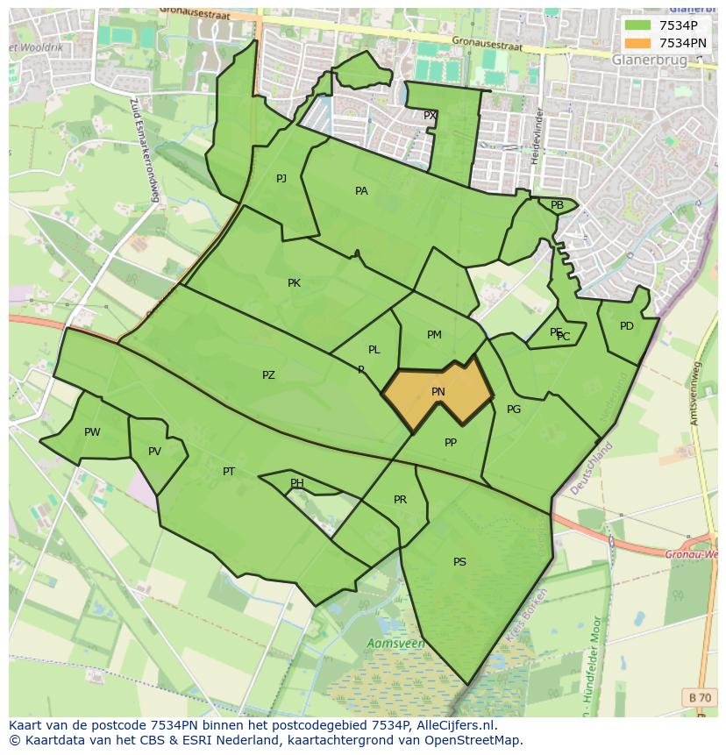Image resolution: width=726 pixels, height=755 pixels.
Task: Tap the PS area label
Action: (459, 562)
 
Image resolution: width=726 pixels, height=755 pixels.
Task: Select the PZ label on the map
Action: (268, 375)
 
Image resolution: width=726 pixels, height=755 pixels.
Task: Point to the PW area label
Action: (92, 432)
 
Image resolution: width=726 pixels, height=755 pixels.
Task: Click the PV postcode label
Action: (154, 452)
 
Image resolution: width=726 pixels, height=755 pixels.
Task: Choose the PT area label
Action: (229, 472)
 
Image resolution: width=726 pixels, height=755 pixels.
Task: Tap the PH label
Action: (297, 483)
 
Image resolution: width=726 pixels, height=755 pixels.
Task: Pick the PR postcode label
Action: (400, 500)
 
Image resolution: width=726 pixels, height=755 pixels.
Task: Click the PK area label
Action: (294, 283)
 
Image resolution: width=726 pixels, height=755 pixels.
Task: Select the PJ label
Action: (281, 179)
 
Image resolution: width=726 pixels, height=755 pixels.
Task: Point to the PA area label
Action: (361, 191)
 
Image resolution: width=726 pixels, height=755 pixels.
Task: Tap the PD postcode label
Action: (626, 326)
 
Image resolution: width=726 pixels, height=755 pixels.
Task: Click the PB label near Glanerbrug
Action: (557, 205)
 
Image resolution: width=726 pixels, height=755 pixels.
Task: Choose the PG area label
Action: (514, 410)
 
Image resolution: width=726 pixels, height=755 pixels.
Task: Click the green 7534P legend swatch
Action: (637, 25)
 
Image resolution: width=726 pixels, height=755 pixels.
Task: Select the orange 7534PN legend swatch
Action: (637, 42)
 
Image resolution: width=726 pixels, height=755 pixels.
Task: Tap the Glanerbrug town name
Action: (650, 60)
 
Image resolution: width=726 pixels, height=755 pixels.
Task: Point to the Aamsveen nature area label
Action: (395, 644)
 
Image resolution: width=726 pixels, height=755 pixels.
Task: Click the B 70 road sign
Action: (700, 697)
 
